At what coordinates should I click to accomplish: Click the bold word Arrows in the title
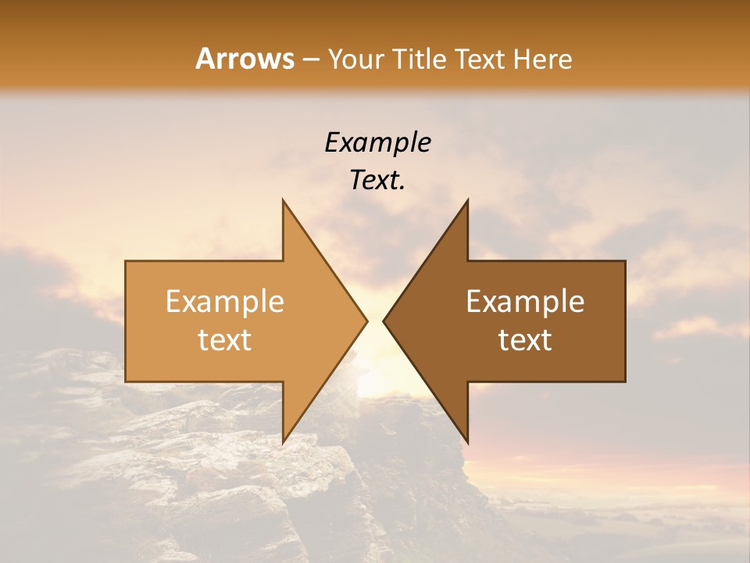[x=245, y=59]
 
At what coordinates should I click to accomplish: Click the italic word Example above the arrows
[x=377, y=142]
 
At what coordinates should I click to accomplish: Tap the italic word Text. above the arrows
[x=377, y=181]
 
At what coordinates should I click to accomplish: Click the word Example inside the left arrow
[x=225, y=302]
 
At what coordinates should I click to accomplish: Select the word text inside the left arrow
[x=225, y=340]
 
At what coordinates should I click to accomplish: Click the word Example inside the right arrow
[x=525, y=302]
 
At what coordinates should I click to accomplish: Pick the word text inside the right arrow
[x=525, y=340]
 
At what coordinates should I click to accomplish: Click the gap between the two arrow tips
[x=375, y=321]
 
